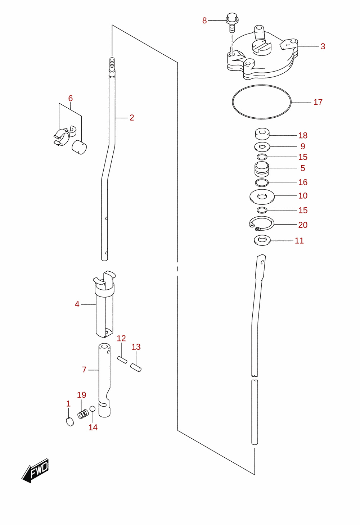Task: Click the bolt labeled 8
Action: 232,23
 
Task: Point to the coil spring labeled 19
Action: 83,414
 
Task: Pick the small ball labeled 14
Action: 93,409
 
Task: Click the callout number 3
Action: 323,46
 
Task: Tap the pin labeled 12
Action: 122,360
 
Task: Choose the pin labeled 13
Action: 136,368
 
